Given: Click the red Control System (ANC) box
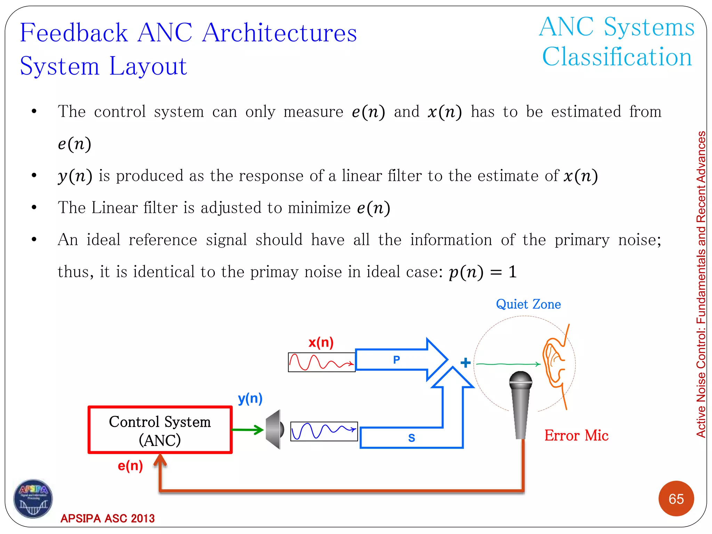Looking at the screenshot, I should (x=160, y=430).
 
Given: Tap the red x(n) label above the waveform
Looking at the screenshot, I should (x=321, y=342).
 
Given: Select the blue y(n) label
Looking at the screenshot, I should (x=250, y=398).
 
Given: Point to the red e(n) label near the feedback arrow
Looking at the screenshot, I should (x=130, y=466).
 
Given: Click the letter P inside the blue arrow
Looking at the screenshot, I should (x=396, y=359).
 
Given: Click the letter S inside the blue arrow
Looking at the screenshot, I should (x=411, y=438).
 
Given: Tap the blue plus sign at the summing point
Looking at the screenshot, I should (x=466, y=363).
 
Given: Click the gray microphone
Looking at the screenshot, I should (x=520, y=403).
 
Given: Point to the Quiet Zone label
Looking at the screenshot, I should (x=528, y=304).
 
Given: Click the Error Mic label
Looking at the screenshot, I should (x=576, y=435).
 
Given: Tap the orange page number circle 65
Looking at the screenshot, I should (x=676, y=499).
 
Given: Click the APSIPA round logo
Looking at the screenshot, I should (x=33, y=499).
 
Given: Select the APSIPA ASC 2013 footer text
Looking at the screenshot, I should (x=107, y=518).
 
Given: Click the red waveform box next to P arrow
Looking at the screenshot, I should (x=322, y=362).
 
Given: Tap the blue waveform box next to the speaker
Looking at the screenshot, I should (x=324, y=431).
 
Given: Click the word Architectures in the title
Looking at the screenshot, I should (x=280, y=33).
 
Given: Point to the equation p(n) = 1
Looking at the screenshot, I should (x=483, y=272).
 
